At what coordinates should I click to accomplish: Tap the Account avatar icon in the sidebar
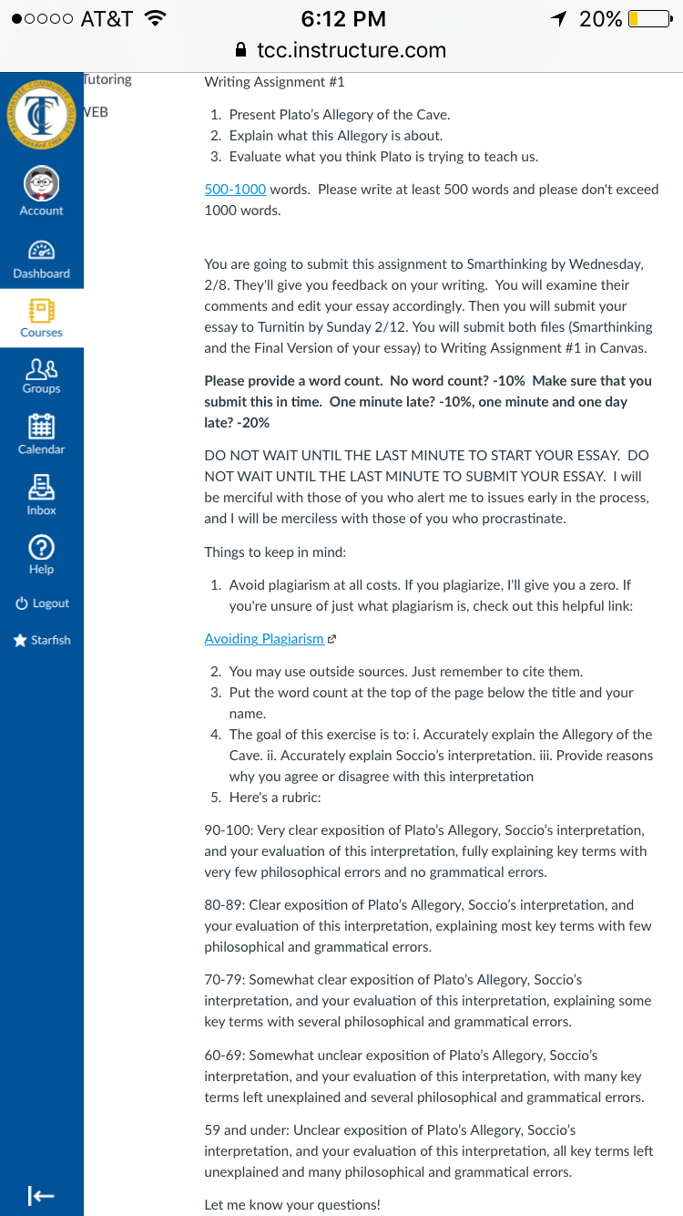tap(41, 182)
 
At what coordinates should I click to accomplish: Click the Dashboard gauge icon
tap(41, 250)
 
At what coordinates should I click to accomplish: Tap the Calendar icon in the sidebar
tap(41, 427)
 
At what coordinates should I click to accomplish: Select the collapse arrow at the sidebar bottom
tap(40, 1195)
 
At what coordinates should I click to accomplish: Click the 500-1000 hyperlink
tap(235, 190)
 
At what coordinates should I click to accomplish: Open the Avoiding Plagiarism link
tap(264, 639)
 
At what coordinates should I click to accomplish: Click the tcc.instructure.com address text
tap(352, 50)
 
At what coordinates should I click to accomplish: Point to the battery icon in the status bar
tap(648, 19)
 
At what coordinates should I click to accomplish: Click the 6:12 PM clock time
tap(342, 19)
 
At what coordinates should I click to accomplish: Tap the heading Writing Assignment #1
tap(274, 82)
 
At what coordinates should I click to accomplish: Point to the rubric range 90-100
tap(226, 830)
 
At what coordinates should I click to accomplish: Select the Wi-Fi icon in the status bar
tap(156, 19)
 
